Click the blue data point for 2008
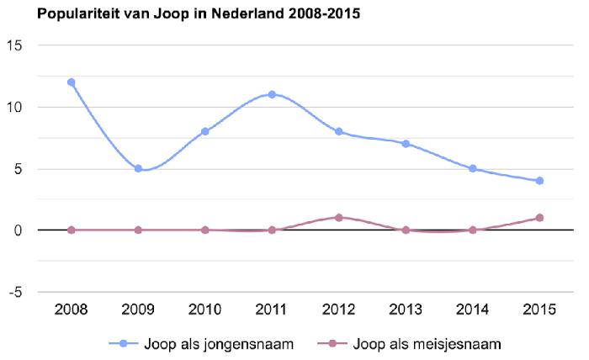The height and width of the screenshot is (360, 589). [71, 82]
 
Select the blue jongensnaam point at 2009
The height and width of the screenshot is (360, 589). [138, 168]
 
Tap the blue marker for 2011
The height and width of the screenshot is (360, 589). [272, 94]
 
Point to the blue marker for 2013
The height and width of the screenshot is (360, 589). [406, 144]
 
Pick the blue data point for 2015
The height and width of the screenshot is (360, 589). [539, 181]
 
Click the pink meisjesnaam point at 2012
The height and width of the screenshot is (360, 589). [338, 218]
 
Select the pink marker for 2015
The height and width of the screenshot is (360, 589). [539, 218]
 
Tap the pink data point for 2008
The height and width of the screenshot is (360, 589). [71, 230]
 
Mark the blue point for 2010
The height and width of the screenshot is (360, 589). [204, 131]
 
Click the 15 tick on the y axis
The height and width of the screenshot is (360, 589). [13, 45]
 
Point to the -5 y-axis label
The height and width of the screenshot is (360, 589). [13, 292]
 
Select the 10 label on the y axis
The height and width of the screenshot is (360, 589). [13, 107]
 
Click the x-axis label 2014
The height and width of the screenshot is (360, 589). [472, 309]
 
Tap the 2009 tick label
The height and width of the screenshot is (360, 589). [138, 309]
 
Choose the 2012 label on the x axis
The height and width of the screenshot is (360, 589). [338, 309]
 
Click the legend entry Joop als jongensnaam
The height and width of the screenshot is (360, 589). [202, 343]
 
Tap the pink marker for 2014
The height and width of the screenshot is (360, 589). [472, 230]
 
